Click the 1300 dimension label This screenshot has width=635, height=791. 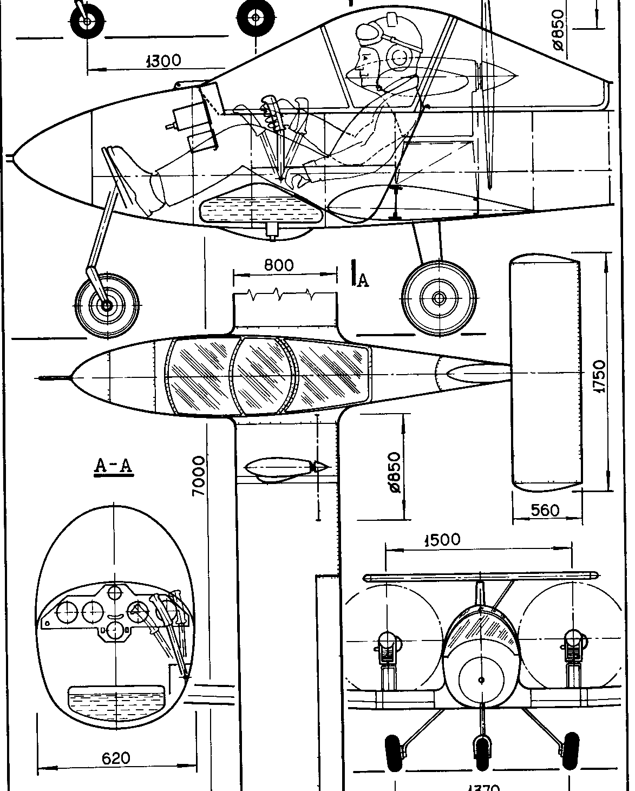[x=163, y=60]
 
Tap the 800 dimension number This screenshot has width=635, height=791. [x=279, y=265]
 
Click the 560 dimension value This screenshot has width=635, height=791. [x=545, y=511]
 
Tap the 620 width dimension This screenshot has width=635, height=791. [x=116, y=759]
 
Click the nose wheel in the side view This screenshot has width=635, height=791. [x=107, y=305]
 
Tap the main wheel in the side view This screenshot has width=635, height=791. [x=439, y=297]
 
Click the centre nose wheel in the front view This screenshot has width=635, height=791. [x=481, y=751]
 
